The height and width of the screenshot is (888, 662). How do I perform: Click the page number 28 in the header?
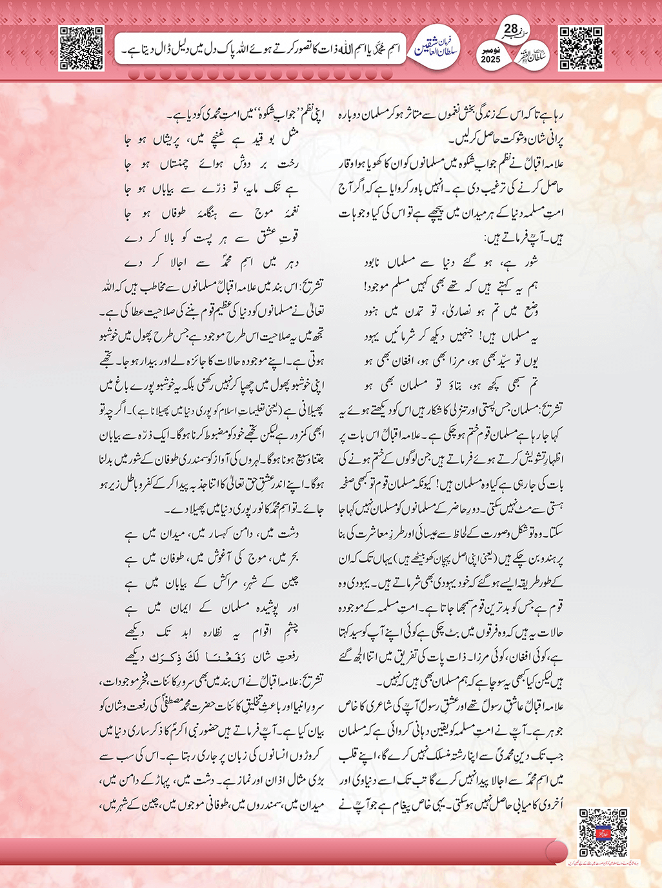510,29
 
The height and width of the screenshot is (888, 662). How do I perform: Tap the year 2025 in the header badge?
490,59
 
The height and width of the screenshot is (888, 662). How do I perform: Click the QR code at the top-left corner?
81,48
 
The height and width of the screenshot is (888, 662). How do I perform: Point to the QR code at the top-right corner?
581,48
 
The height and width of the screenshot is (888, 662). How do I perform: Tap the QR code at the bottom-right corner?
603,832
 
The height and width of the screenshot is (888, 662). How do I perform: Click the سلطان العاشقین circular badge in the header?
436,49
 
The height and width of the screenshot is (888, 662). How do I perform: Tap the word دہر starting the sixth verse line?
288,263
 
